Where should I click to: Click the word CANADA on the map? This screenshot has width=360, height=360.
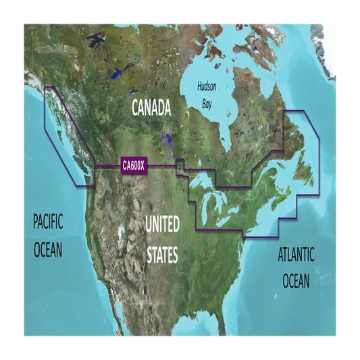point(151,107)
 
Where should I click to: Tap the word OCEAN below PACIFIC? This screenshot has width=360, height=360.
point(47,249)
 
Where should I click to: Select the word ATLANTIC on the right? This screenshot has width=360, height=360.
point(295,255)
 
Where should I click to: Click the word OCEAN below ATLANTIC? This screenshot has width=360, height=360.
point(295,280)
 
